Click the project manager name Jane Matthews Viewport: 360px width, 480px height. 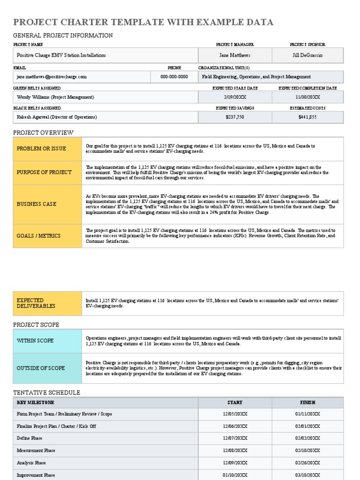click(x=235, y=55)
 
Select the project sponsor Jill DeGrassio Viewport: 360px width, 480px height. click(x=307, y=55)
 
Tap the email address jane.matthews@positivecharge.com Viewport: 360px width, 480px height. click(x=52, y=76)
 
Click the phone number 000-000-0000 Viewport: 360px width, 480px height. click(x=174, y=76)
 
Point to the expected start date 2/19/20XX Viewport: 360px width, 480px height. click(x=235, y=97)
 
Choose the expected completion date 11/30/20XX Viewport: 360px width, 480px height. click(x=307, y=97)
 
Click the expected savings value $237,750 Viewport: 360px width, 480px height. click(x=235, y=117)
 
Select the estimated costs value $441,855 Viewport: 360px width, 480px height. click(x=307, y=117)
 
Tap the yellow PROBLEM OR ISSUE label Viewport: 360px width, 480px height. click(x=42, y=149)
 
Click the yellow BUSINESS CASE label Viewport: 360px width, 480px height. click(x=37, y=204)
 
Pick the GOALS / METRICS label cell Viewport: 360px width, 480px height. click(x=39, y=236)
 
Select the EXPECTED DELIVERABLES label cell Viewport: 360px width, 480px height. click(x=36, y=303)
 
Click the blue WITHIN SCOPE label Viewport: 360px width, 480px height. click(x=35, y=341)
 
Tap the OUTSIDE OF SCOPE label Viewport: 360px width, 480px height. click(x=41, y=368)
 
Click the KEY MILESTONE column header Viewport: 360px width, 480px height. click(x=36, y=402)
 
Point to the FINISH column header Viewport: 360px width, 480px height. click(x=307, y=402)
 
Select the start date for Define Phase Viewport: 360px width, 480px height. click(x=235, y=438)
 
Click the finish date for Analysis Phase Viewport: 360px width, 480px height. click(x=307, y=463)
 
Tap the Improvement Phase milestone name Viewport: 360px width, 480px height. click(x=36, y=475)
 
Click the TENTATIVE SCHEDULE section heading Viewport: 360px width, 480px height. click(x=46, y=392)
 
